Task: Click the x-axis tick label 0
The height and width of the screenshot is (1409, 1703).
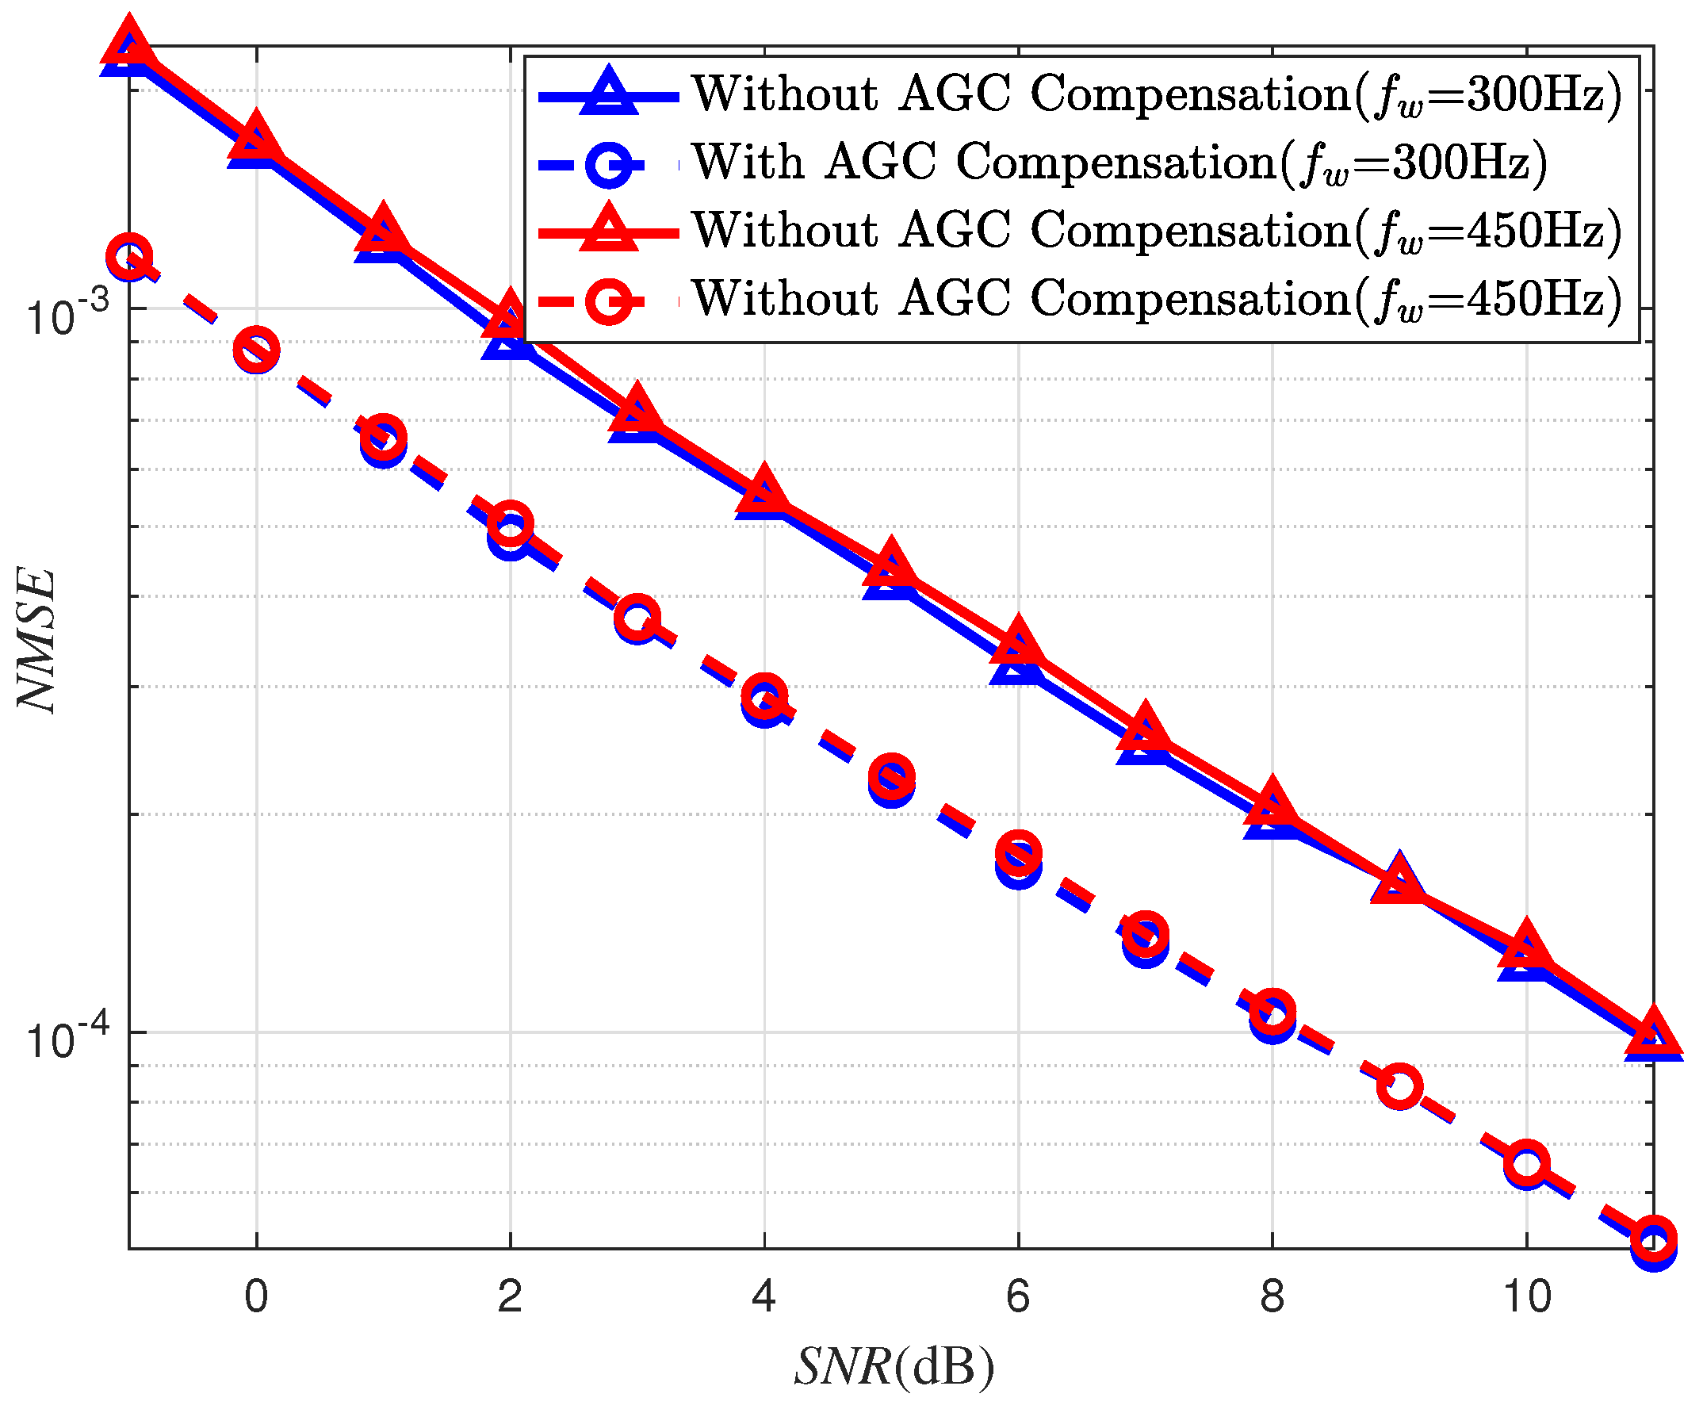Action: click(256, 1296)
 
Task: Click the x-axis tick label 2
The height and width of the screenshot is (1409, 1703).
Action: click(510, 1296)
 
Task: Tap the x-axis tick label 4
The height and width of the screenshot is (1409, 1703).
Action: click(764, 1296)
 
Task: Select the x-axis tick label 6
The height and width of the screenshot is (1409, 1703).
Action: click(1018, 1296)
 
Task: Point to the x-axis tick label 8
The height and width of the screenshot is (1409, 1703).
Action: click(1272, 1296)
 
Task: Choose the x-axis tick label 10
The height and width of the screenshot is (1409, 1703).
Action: click(1526, 1296)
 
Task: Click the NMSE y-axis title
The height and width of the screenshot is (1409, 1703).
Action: click(37, 640)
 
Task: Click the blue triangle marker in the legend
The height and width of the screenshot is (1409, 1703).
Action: click(609, 95)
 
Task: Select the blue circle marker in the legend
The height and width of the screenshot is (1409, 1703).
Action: click(609, 165)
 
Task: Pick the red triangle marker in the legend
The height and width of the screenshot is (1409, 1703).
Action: click(609, 232)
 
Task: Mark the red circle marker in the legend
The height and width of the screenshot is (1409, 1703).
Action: click(609, 301)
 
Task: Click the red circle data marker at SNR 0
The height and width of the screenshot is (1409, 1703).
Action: click(256, 350)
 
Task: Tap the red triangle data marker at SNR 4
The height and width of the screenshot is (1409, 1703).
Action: click(763, 490)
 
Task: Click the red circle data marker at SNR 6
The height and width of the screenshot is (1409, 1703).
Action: click(1019, 852)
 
